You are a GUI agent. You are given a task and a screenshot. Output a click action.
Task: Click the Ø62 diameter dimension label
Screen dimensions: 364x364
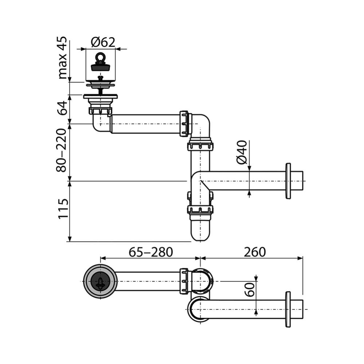(x=103, y=42)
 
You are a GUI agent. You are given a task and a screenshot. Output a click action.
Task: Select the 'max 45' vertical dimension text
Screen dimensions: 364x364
(x=62, y=58)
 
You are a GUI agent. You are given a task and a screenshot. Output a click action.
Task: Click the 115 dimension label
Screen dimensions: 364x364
(x=62, y=209)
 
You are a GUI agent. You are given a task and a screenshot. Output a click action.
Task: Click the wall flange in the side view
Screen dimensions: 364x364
(x=288, y=181)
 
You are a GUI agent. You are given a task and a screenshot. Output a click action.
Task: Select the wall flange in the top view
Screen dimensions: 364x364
(x=288, y=309)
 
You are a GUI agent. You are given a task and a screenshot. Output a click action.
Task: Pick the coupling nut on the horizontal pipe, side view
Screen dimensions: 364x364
(x=185, y=124)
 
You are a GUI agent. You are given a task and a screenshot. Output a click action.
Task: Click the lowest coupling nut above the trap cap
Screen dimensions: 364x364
(x=200, y=210)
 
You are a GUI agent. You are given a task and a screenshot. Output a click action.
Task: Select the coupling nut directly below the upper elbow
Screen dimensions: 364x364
(x=200, y=146)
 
